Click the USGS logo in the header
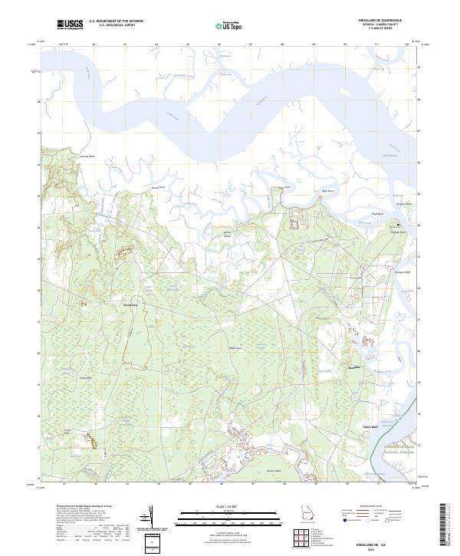pos(70,26)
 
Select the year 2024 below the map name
pos(384,548)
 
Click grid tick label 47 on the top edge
pos(251,44)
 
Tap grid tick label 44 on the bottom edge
pos(158,485)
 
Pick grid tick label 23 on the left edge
pos(38,258)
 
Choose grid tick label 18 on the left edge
pos(38,415)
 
